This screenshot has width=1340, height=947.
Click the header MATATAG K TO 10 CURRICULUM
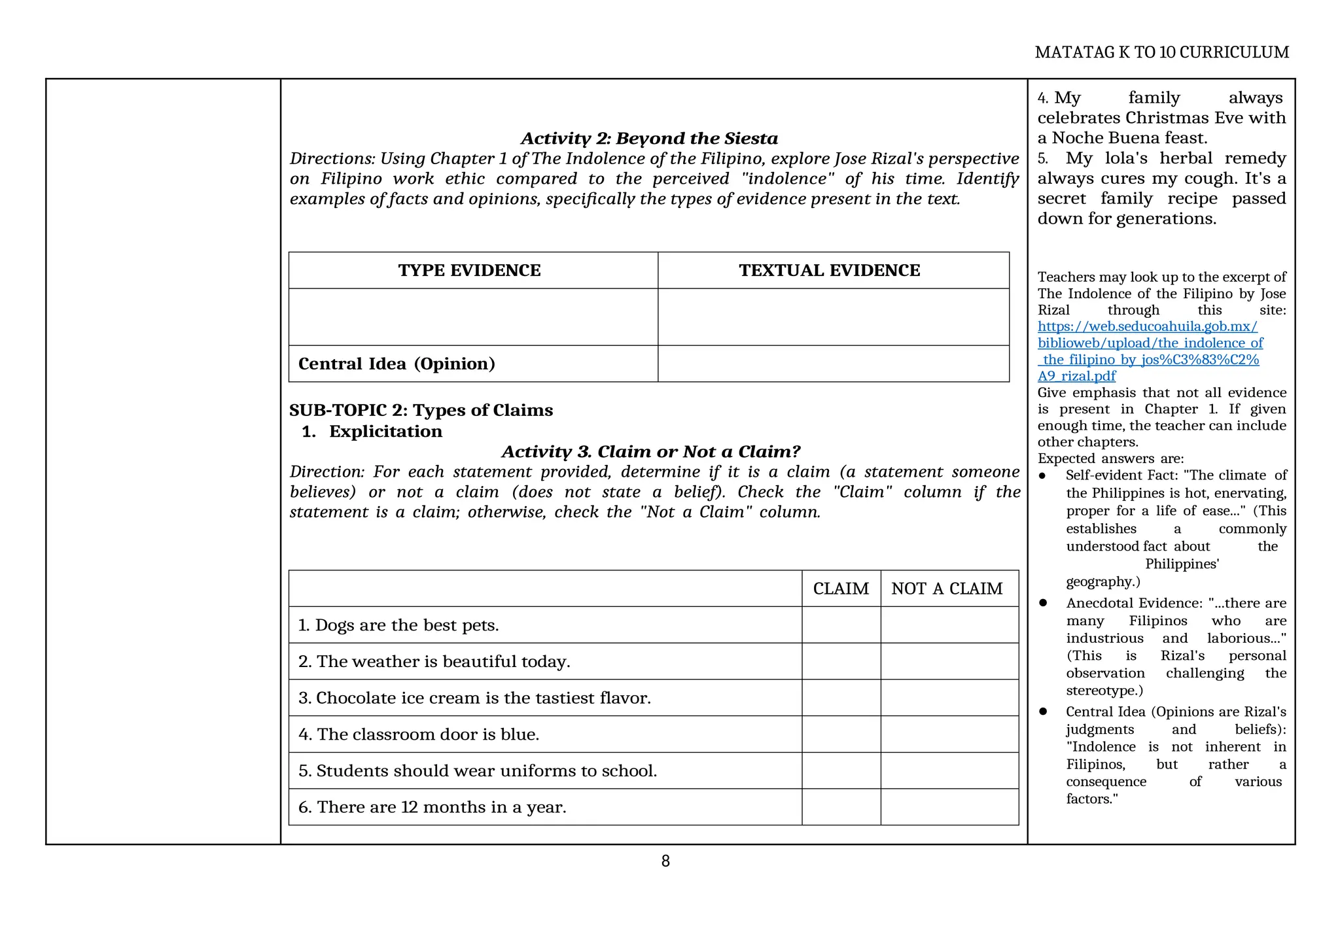coord(1161,52)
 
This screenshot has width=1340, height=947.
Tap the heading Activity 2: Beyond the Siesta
coord(649,139)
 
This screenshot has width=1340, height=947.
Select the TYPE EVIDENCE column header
coord(469,271)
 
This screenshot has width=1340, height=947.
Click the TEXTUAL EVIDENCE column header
coord(829,271)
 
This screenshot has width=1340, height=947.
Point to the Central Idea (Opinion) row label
coord(397,364)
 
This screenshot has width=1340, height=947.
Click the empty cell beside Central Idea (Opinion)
coord(832,364)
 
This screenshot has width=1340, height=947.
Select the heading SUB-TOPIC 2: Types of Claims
coord(421,410)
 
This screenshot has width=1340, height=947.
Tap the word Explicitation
coord(385,431)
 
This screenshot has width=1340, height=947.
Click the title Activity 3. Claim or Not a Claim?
coord(650,451)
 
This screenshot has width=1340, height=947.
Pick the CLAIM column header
coord(840,589)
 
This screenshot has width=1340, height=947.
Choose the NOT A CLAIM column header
coord(946,589)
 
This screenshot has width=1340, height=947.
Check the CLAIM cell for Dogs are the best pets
coord(840,625)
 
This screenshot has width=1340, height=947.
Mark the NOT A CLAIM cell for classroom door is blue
coord(949,734)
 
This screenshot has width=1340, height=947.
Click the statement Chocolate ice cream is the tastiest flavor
coord(474,698)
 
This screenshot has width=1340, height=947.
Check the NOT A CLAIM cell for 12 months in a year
coord(949,807)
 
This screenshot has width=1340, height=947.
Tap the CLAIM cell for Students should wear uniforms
coord(840,771)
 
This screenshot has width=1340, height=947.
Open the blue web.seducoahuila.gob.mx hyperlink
coord(1148,326)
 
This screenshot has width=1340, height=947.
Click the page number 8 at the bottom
coord(665,861)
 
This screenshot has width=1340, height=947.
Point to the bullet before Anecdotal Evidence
coord(1044,602)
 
